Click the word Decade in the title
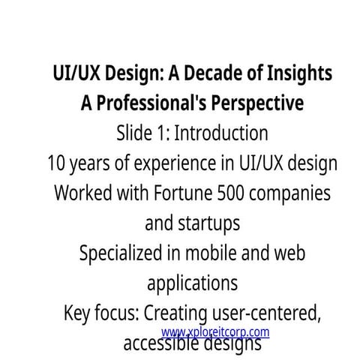208,75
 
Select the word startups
206,223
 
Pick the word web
289,252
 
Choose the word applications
193,283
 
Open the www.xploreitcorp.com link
214,331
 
